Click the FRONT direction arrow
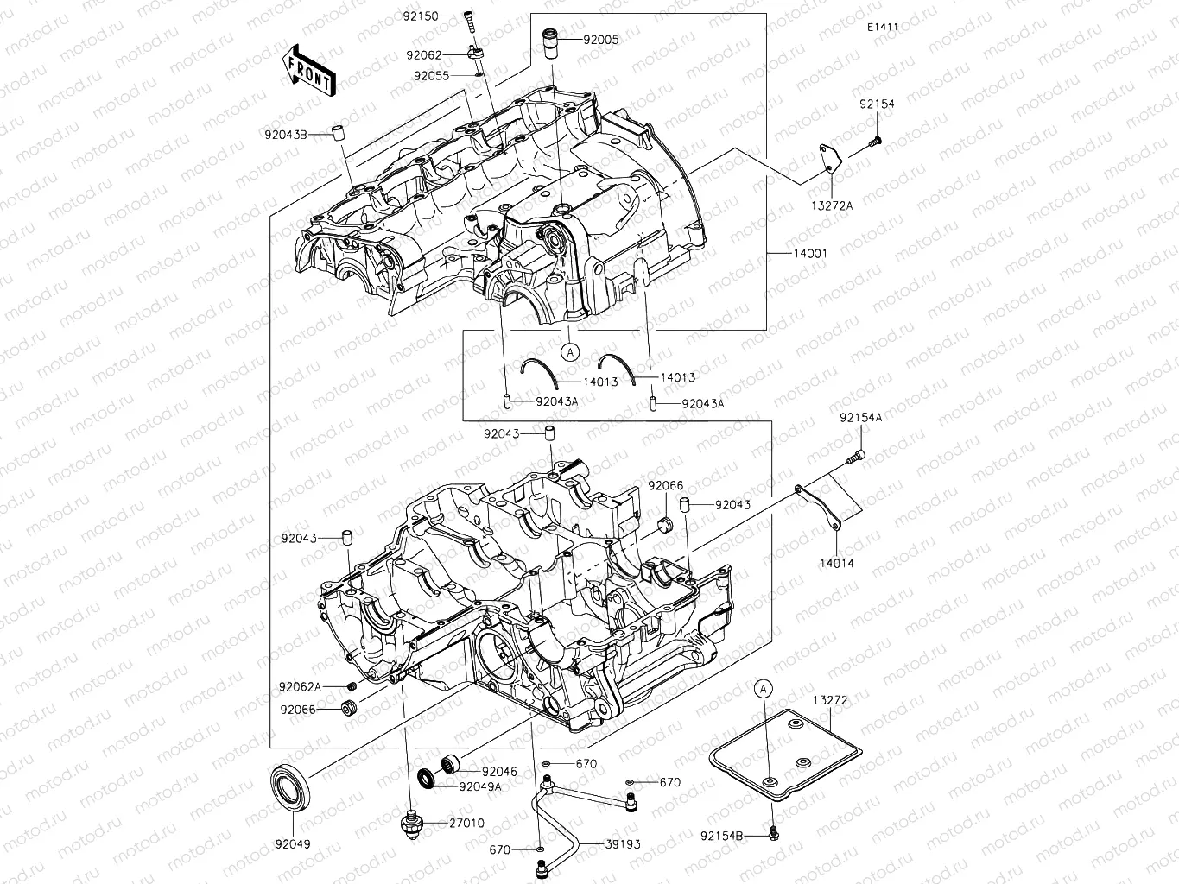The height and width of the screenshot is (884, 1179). pos(308,68)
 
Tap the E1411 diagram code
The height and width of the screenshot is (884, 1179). pos(883,27)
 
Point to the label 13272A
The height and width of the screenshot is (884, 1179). pos(831,205)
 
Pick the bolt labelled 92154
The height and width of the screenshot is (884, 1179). pos(875,138)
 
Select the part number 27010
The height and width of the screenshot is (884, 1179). pos(466,823)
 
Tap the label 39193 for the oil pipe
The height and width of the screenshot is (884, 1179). pos(622,844)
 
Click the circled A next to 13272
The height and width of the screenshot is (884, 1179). pos(762,689)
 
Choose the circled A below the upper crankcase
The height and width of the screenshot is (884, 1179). pos(569,351)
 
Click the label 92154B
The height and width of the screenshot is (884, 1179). pos(722,836)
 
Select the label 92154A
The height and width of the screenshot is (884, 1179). pos(860,418)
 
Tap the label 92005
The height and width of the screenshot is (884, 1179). pos(600,40)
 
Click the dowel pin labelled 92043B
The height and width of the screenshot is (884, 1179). pos(340,134)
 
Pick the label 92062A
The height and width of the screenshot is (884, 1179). pos(300,687)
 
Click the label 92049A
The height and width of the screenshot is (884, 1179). pos(480,786)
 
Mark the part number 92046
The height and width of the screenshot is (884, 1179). pos(499,771)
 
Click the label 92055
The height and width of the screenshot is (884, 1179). pos(431,76)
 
